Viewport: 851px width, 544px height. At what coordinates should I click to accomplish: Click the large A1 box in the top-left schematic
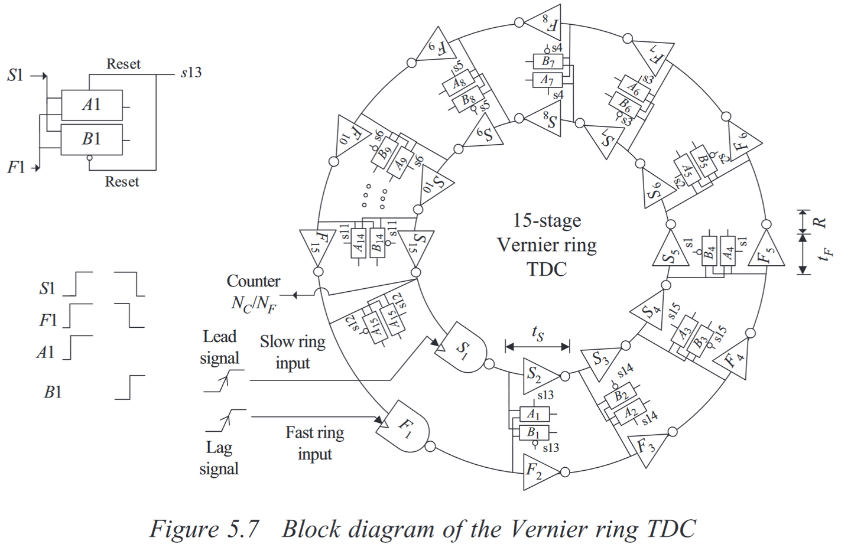pos(92,105)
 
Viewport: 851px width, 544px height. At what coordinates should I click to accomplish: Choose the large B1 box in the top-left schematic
pos(92,139)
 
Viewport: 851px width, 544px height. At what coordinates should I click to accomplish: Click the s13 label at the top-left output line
pos(191,73)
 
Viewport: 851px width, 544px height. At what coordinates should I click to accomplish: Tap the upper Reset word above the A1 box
pos(123,64)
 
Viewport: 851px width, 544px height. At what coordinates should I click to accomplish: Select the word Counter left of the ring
pos(254,281)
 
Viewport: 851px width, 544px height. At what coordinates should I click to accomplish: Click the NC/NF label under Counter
pos(254,304)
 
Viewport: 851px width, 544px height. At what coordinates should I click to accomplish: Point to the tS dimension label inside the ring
pos(537,334)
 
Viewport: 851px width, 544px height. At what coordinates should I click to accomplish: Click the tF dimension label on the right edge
pos(827,253)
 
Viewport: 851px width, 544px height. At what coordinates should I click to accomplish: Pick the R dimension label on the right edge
pos(820,223)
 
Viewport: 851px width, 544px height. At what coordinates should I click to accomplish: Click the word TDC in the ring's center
pos(547,269)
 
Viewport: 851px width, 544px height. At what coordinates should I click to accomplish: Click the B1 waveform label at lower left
pos(53,392)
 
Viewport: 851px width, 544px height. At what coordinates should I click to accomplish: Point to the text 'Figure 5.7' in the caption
pos(204,528)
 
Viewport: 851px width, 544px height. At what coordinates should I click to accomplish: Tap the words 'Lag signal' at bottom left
pos(219,458)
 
